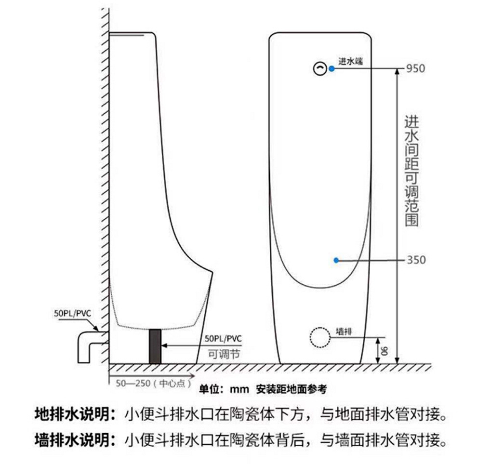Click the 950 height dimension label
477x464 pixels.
[415, 68]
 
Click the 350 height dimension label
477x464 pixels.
[416, 260]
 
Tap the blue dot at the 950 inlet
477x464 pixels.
[331, 69]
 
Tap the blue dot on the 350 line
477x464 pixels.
[336, 260]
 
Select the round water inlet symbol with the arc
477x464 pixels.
[319, 69]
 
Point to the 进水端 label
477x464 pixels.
[350, 61]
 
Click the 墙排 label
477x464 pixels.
[344, 331]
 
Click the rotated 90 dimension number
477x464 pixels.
[384, 350]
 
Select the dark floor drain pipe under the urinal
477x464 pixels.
[155, 346]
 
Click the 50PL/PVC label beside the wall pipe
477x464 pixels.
[72, 314]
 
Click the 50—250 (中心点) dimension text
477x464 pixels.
[151, 384]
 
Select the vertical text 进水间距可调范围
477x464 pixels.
[411, 171]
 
